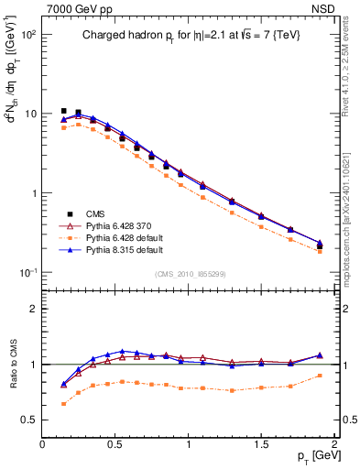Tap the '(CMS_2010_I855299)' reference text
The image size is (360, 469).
coord(188,274)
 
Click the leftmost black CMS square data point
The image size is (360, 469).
coord(63,111)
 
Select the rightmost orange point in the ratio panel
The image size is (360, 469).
coord(320,376)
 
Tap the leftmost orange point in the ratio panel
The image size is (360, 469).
coord(63,403)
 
